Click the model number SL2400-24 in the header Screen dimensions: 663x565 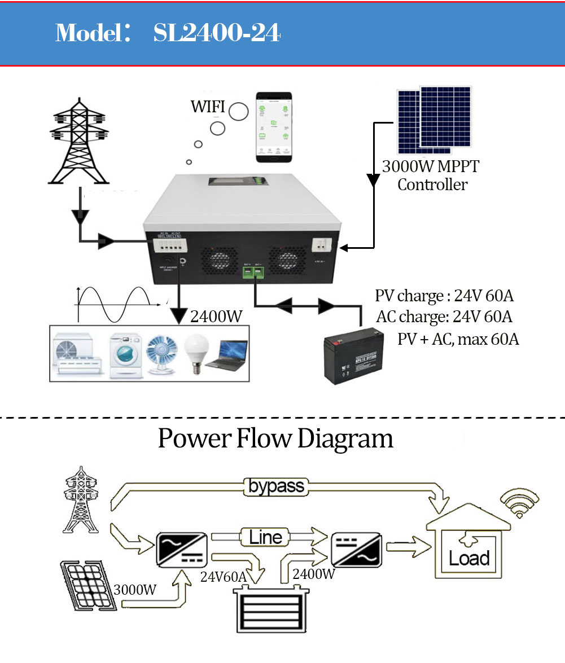click(217, 33)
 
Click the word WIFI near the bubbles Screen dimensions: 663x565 click(208, 107)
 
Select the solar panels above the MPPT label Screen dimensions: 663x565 click(433, 120)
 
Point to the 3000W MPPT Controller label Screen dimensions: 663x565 click(431, 175)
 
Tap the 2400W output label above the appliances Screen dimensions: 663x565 click(216, 317)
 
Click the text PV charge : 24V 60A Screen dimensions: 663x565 click(444, 296)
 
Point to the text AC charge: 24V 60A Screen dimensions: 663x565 click(444, 317)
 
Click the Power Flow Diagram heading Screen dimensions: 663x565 click(275, 438)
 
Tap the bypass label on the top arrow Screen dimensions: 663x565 click(277, 486)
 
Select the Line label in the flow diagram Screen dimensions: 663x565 click(265, 537)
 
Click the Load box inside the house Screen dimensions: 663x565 click(468, 559)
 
